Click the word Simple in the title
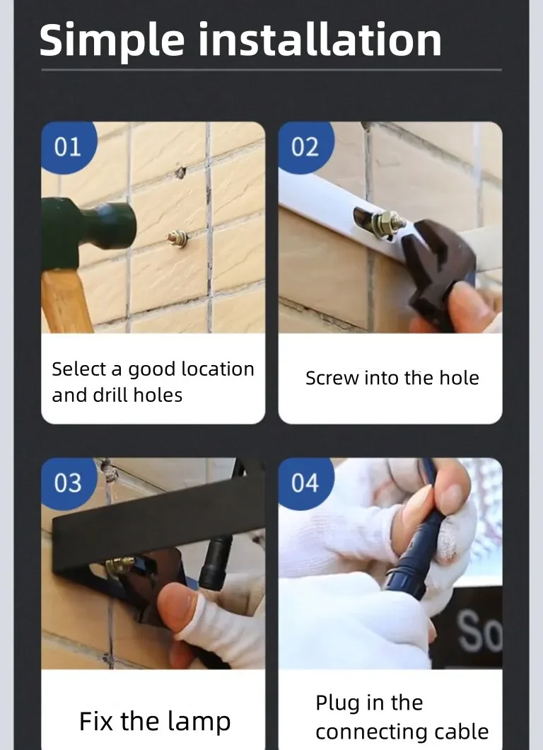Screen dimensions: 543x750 [x=112, y=40]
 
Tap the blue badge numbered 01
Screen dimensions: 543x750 [x=69, y=147]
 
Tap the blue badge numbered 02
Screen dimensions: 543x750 [x=305, y=147]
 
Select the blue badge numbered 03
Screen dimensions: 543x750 [x=69, y=483]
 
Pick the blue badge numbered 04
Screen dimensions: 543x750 [x=305, y=483]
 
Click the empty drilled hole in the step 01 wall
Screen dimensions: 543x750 [x=180, y=172]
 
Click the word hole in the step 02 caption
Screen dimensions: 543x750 [x=459, y=377]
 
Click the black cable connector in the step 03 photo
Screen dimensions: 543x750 [x=216, y=562]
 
